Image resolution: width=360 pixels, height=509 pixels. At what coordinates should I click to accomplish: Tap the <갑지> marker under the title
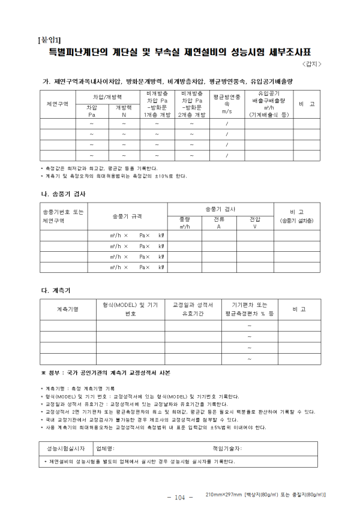pyautogui.click(x=312, y=64)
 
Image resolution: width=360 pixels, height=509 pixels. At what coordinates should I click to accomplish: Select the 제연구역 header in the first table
pyautogui.click(x=58, y=104)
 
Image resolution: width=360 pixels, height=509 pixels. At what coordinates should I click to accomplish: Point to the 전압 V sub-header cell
pyautogui.click(x=255, y=223)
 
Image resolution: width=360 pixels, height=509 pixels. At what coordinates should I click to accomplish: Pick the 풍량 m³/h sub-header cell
pyautogui.click(x=184, y=223)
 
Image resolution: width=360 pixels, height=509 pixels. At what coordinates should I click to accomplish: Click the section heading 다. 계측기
pyautogui.click(x=53, y=290)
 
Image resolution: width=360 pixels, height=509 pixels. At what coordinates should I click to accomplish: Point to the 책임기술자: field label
pyautogui.click(x=227, y=448)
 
